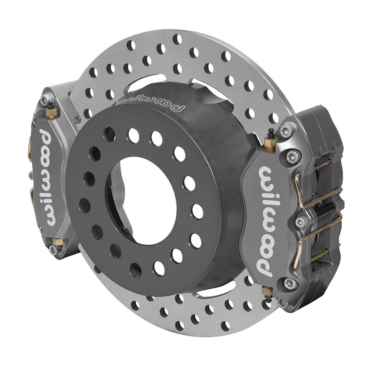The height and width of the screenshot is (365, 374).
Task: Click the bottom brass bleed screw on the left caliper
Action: pos(57,242)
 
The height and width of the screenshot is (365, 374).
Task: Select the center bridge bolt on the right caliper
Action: pos(300,221)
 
